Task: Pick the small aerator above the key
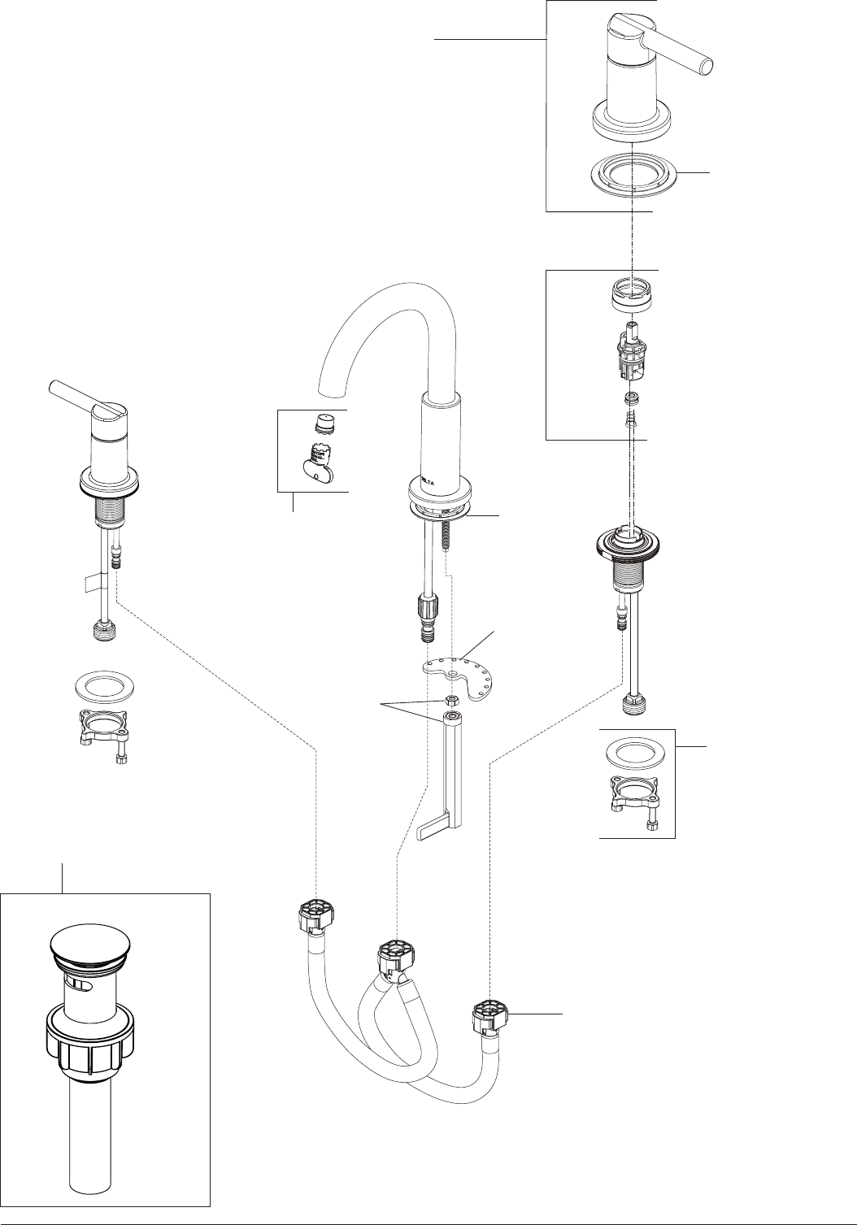pos(325,424)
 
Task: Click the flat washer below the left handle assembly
pos(105,685)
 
